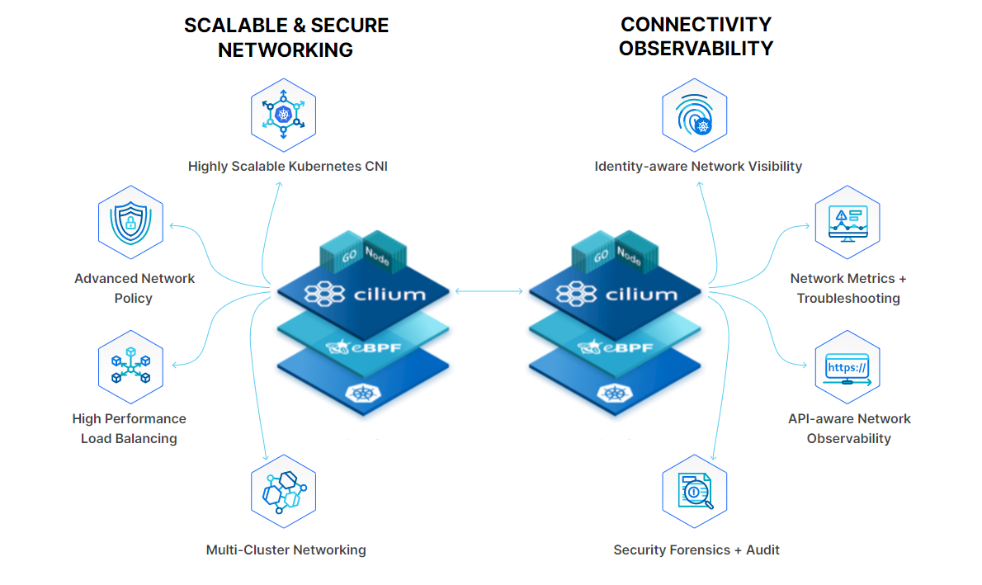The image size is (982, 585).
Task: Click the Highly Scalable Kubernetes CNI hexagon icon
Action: (x=283, y=115)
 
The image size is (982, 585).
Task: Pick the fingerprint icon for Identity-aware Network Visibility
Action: (x=694, y=115)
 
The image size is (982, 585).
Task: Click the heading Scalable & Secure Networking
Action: (x=286, y=38)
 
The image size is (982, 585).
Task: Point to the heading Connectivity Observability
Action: (x=696, y=36)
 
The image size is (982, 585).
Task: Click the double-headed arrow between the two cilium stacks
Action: (x=489, y=290)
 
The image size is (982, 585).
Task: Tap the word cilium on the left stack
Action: (x=389, y=294)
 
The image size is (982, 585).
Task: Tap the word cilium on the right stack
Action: (x=640, y=294)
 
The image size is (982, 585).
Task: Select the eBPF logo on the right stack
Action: (x=616, y=346)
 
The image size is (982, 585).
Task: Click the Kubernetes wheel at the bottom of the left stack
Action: (x=362, y=394)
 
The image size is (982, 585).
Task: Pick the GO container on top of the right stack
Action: (x=599, y=255)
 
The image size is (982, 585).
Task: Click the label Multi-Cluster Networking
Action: (x=286, y=550)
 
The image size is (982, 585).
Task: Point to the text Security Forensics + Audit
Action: (x=696, y=550)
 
